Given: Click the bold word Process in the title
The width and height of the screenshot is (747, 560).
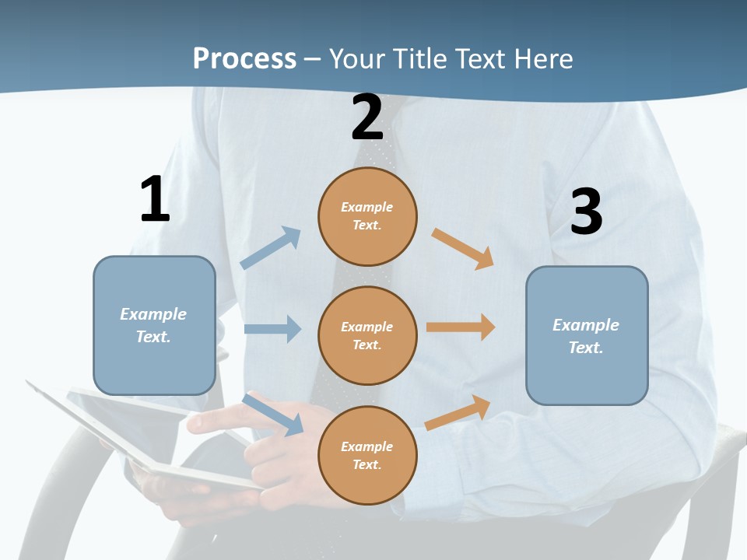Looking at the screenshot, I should (244, 59).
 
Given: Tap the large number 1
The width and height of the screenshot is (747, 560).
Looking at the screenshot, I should (155, 199).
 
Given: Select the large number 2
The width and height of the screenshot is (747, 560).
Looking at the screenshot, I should (367, 117).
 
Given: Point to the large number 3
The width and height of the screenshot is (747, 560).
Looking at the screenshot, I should (586, 212).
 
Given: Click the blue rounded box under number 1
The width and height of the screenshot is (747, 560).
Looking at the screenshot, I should (154, 325).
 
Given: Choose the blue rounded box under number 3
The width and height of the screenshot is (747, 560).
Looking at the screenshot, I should (587, 335).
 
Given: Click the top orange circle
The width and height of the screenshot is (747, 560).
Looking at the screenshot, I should (367, 216).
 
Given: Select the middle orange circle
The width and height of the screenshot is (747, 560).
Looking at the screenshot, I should (367, 335).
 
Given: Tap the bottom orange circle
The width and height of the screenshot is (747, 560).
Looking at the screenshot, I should (367, 455).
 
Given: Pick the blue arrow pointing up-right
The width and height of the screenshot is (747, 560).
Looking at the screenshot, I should (271, 248).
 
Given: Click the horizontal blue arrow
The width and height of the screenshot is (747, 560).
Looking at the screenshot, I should (272, 329).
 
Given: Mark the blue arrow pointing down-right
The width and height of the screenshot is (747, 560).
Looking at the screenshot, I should (272, 415).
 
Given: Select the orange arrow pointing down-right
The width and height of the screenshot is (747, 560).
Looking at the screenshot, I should (463, 249).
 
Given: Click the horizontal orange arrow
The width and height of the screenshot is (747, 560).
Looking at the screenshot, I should (461, 327).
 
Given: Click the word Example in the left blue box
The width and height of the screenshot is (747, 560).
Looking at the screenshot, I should (153, 314).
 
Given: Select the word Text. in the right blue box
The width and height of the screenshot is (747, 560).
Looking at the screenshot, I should (586, 348).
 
